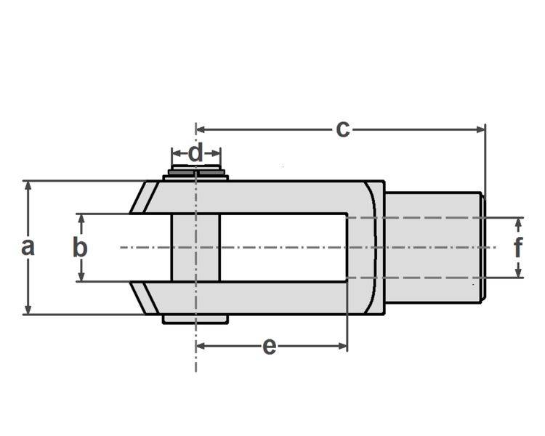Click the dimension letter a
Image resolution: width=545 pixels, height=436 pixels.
pos(28,247)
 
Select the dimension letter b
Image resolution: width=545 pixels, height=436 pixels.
pos(80,247)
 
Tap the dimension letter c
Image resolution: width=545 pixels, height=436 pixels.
pos(342,129)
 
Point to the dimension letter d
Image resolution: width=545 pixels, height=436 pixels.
pos(195,153)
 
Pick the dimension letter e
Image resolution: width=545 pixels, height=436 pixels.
pos(269,347)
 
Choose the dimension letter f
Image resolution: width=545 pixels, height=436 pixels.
pos(518,248)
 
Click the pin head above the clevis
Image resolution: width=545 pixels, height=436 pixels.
pos(196,174)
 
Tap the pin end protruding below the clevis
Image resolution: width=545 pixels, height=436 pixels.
pos(195,319)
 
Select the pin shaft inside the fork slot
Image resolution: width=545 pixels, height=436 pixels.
pos(195,247)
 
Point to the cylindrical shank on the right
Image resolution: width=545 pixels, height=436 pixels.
pos(432,247)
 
